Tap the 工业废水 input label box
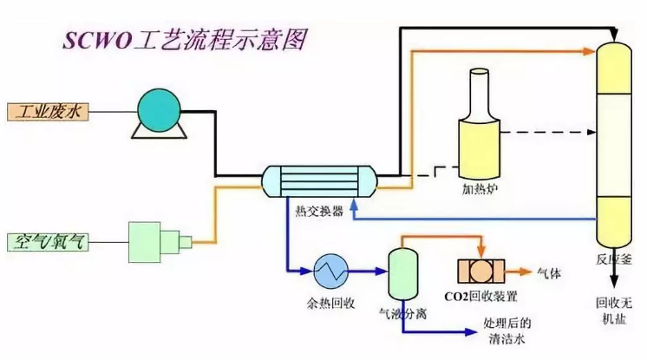(x=49, y=111)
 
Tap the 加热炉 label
(x=479, y=187)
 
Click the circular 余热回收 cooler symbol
(x=330, y=270)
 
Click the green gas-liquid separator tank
(x=401, y=272)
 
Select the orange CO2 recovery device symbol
(x=481, y=270)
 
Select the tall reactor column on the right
(x=615, y=139)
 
